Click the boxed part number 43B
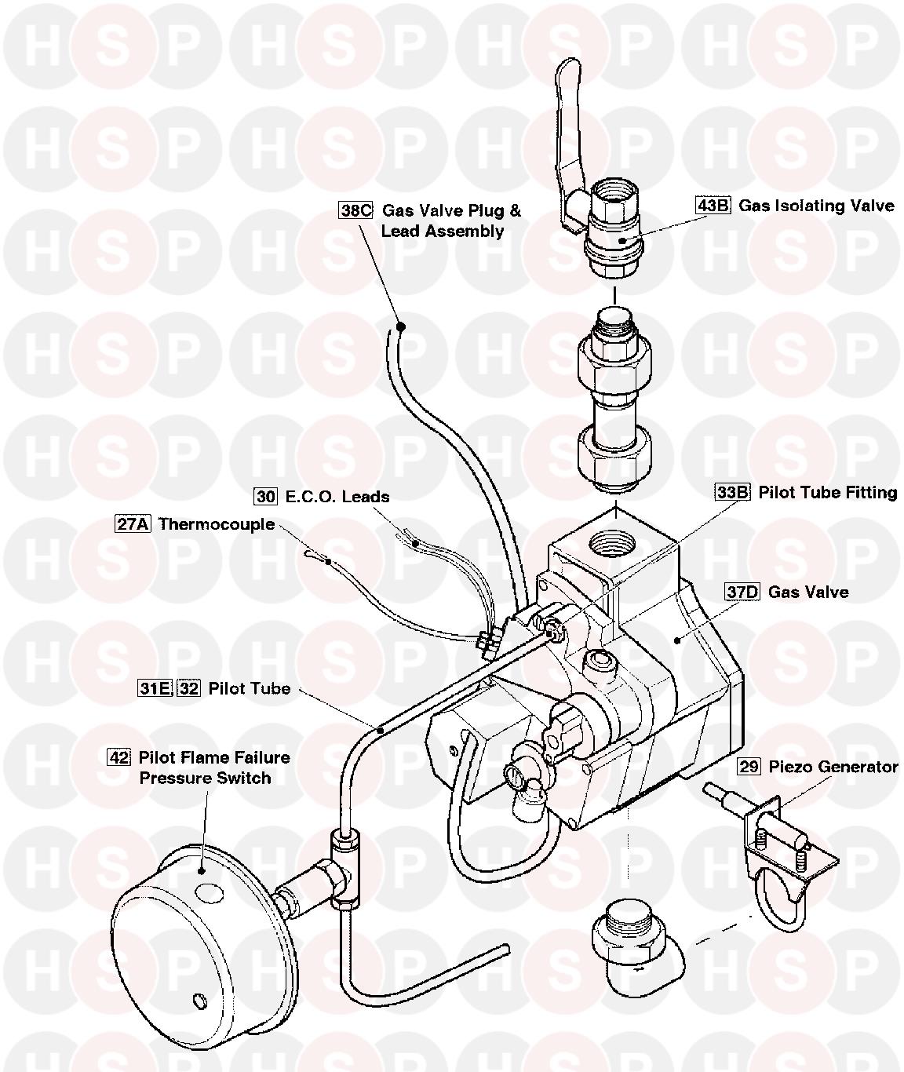(x=713, y=206)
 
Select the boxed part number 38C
(x=355, y=210)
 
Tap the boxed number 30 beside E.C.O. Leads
(x=266, y=496)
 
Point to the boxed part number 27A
(x=133, y=523)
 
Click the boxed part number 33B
(x=732, y=492)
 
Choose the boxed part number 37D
(x=742, y=591)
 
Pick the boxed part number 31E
(x=155, y=688)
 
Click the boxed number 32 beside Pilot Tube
(x=188, y=688)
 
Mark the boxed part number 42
(x=118, y=757)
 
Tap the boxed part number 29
(x=749, y=766)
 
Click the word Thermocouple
(x=217, y=523)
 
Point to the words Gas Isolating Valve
(x=816, y=206)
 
